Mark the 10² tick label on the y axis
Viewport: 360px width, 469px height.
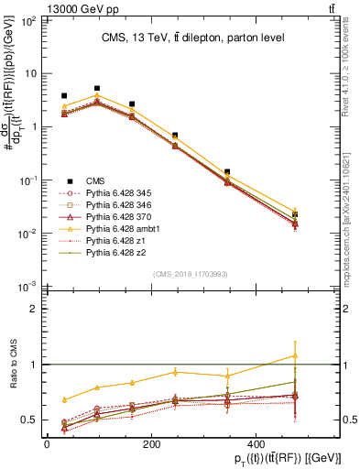pos(27,19)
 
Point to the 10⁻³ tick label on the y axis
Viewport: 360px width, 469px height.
pos(27,288)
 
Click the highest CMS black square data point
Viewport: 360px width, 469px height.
pos(97,89)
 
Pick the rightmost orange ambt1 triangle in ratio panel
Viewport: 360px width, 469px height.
pos(295,355)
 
